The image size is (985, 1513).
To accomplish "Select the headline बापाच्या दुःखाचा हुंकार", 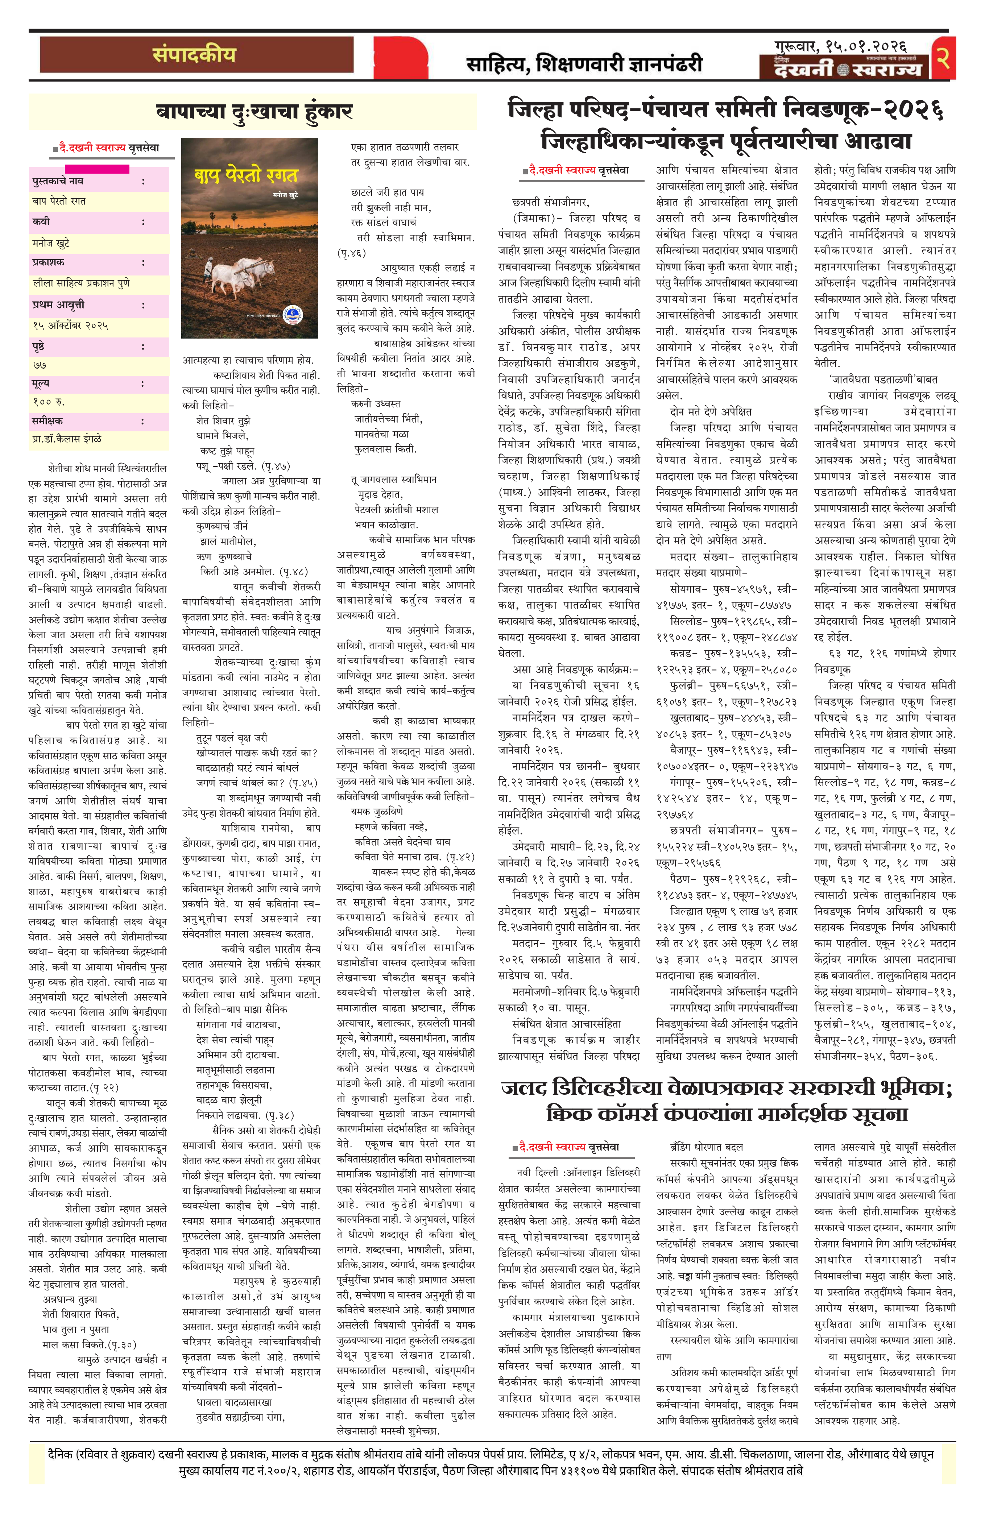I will pos(254,112).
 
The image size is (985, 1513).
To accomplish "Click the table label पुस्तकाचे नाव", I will pos(58,181).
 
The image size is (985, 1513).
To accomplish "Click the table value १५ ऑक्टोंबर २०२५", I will pos(71,326).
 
